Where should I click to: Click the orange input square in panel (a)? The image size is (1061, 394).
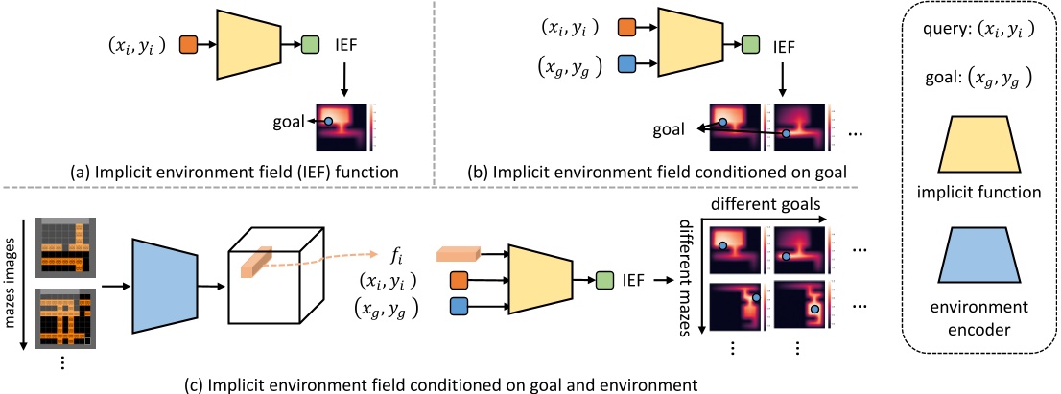(188, 44)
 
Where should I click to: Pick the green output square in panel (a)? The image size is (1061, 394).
(311, 44)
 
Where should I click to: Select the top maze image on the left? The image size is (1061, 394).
(59, 245)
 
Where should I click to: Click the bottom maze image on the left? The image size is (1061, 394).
(59, 320)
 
